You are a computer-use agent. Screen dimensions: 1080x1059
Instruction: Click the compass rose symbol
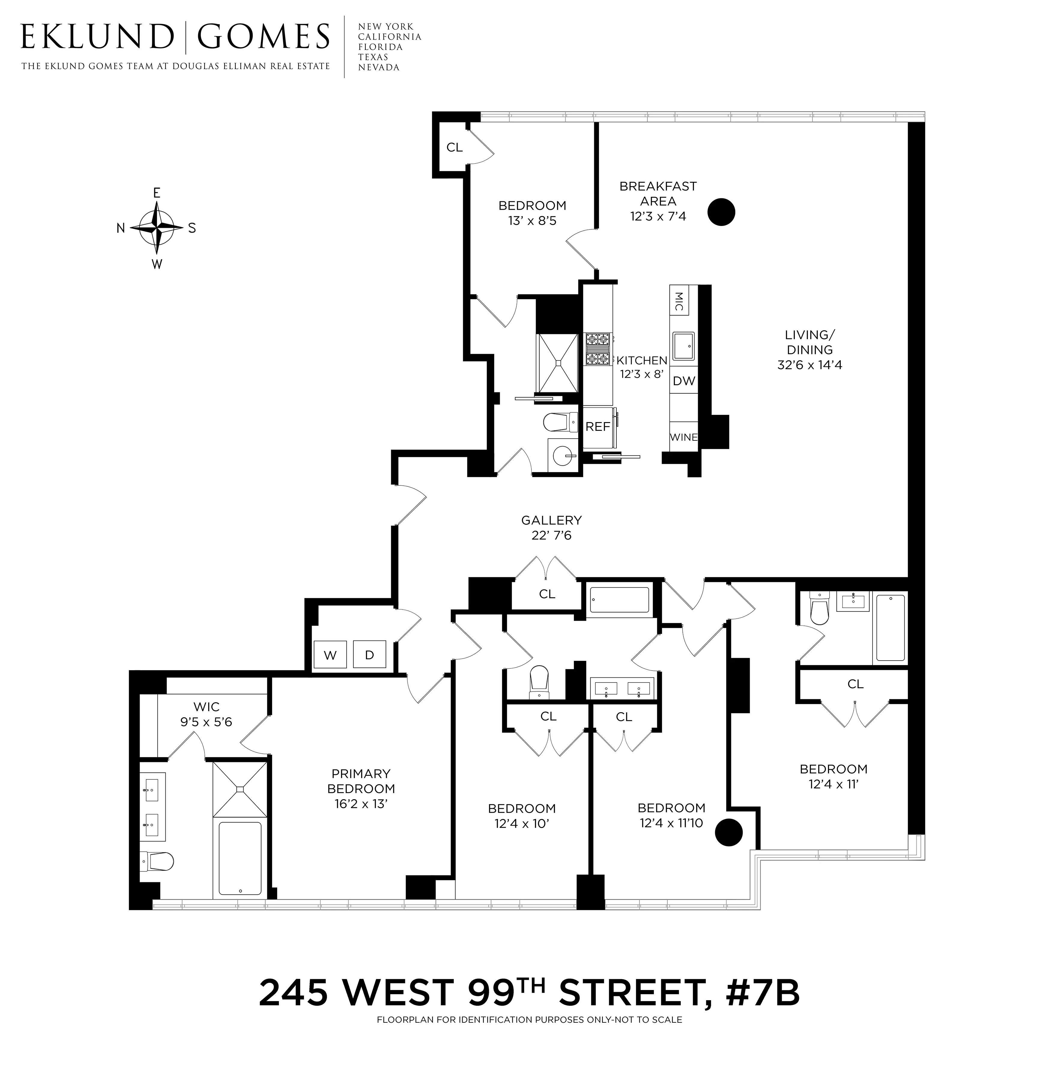[157, 227]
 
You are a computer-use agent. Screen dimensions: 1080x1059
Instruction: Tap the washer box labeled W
[330, 655]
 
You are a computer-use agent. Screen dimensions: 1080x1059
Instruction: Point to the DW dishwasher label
[684, 381]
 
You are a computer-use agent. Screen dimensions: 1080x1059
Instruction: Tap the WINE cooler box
[684, 437]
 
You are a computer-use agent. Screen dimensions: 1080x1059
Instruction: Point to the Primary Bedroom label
[361, 781]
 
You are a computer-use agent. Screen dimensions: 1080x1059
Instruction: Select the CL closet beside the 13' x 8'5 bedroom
[454, 147]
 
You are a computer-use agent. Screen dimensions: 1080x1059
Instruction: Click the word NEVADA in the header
[379, 67]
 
